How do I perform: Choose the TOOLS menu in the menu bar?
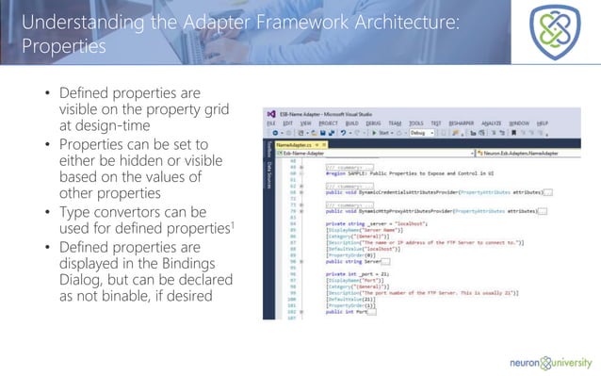(x=414, y=123)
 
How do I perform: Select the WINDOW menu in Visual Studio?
(x=519, y=123)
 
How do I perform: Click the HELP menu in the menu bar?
(x=542, y=123)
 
